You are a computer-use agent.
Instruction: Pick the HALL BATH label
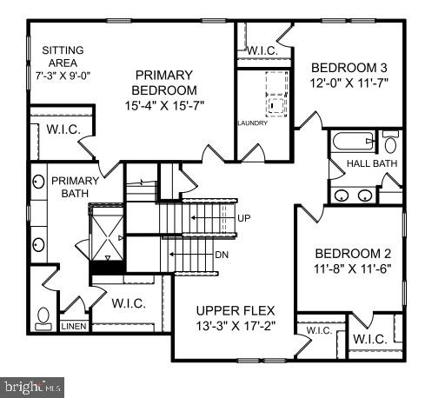371,163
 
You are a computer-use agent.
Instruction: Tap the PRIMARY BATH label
75,187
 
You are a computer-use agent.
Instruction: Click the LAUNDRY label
252,123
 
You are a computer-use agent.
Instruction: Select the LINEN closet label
74,328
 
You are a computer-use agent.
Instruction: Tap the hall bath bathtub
352,141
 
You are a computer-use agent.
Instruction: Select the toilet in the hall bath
389,142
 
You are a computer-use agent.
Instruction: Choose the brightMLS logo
33,382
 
